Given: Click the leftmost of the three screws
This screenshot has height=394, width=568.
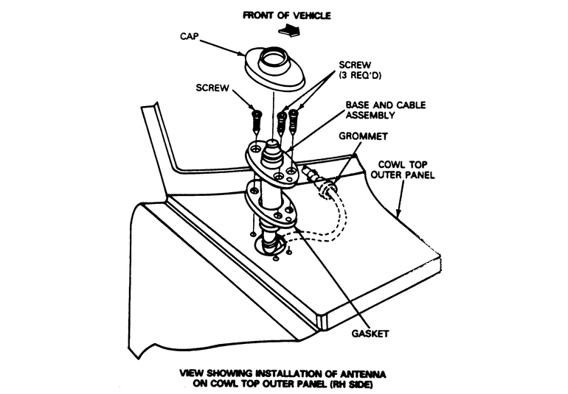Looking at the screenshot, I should pos(254,119).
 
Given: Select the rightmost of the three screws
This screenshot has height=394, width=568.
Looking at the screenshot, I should pos(295,120).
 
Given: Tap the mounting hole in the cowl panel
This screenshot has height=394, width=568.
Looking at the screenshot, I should pos(269,244).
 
